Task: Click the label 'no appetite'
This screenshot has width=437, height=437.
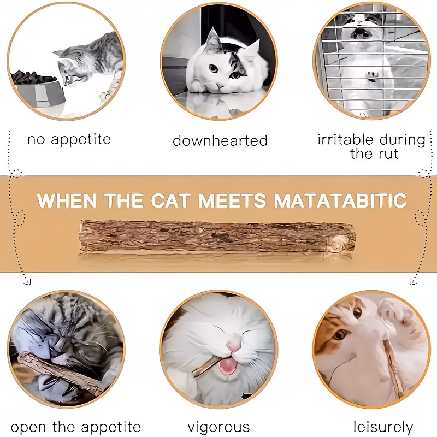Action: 69,139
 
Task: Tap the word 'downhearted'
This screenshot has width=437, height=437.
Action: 220,140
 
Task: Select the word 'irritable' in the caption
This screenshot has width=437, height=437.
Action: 345,139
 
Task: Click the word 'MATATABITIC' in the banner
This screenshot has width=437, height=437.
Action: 340,200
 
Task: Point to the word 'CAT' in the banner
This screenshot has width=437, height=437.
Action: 171,200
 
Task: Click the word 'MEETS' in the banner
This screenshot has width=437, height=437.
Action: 233,200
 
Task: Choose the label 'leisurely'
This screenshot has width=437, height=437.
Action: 383,427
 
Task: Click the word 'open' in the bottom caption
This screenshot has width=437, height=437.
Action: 28,428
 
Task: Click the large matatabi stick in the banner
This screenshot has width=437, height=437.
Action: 217,237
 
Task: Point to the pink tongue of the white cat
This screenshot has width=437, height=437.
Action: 228,366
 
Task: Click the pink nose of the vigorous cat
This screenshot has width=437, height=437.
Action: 234,346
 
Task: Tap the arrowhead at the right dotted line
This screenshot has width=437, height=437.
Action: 413,281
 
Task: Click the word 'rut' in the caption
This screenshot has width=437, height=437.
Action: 387,154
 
